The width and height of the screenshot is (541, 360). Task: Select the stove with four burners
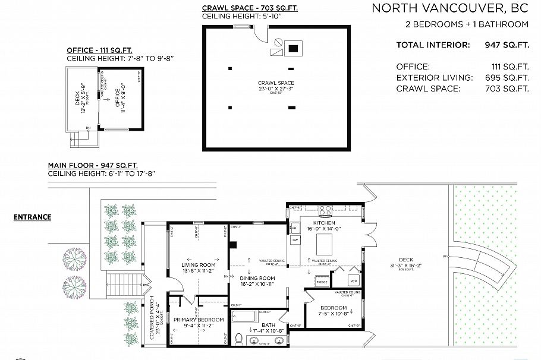[326, 210]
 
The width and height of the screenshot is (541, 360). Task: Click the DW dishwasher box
[294, 240]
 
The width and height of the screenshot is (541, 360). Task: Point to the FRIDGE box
[322, 282]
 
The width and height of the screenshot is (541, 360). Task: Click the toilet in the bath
[239, 340]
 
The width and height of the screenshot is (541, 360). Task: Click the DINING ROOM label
[257, 278]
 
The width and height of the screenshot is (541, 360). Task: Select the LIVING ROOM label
[198, 265]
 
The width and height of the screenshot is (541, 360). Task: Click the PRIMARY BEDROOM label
[199, 320]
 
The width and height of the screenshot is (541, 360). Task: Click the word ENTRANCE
[32, 217]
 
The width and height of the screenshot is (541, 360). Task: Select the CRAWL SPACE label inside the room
[276, 83]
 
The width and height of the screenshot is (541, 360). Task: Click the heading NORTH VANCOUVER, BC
[450, 8]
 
